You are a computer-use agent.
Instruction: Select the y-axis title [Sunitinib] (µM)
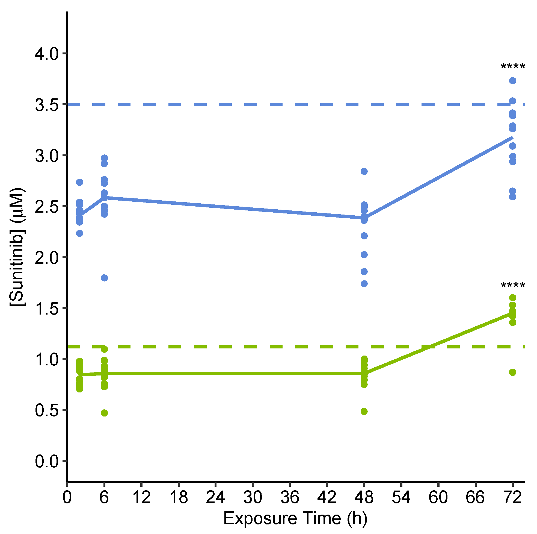click(18, 247)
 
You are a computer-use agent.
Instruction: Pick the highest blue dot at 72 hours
click(512, 81)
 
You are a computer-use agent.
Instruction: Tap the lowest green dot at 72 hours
click(512, 372)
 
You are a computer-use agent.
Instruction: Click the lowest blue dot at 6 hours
click(104, 278)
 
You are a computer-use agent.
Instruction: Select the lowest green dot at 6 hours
click(104, 413)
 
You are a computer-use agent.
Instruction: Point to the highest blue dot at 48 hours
click(364, 171)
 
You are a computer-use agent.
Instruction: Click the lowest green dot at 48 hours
click(364, 411)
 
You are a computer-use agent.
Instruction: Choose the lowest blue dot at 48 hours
click(364, 284)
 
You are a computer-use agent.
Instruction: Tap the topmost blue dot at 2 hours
click(79, 182)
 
